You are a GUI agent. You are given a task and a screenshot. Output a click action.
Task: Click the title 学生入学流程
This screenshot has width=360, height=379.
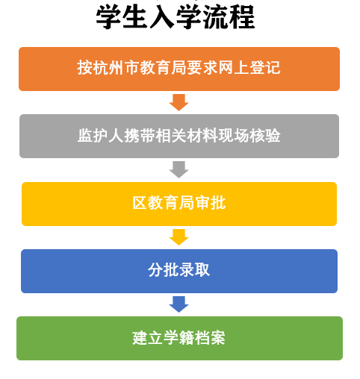pos(176,17)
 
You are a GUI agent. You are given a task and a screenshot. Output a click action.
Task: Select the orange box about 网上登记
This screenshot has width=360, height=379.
pos(179,69)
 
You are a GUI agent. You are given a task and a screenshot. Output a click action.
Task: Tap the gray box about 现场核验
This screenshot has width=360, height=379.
pos(179,136)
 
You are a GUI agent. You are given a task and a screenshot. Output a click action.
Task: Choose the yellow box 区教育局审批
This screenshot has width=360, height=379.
pos(179,204)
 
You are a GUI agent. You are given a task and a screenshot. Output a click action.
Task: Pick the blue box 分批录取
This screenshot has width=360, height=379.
pos(179,271)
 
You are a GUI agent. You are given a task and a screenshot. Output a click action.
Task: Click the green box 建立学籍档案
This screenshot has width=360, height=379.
pos(179,338)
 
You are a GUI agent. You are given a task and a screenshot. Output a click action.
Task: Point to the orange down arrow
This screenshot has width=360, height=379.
pos(179,102)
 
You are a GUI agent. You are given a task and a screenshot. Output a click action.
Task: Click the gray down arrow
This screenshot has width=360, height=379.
pos(179,169)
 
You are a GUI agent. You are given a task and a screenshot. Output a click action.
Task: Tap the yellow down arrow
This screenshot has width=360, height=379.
pos(179,237)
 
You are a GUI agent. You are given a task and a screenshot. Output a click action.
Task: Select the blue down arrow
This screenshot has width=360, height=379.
pos(179,304)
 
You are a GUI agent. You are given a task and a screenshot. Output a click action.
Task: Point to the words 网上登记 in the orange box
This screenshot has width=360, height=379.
pos(249,68)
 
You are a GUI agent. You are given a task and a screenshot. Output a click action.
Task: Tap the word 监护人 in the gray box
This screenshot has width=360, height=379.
pos(101,136)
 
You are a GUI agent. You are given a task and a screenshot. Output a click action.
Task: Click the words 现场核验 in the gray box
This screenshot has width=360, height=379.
pos(249,136)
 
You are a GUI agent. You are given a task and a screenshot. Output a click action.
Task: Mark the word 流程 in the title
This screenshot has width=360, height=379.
pos(229,17)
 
